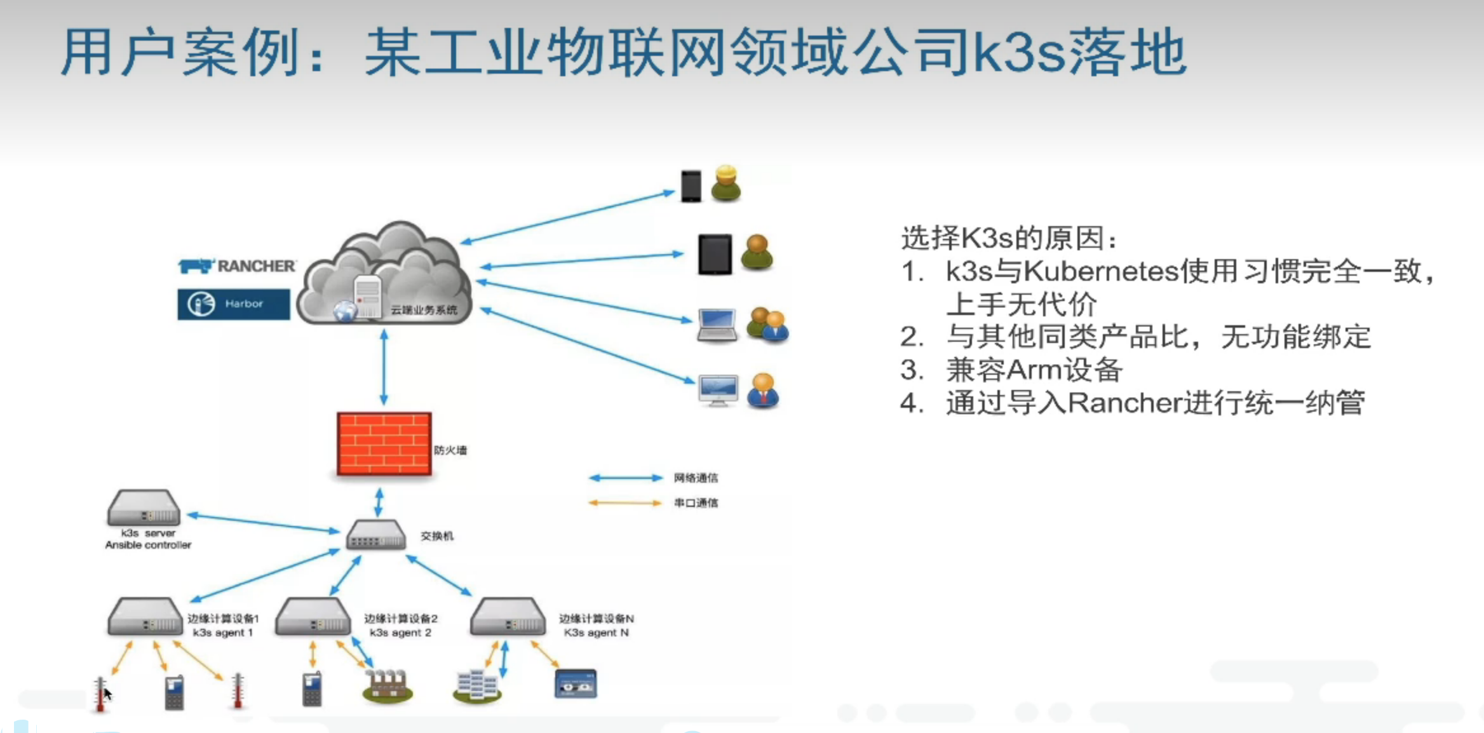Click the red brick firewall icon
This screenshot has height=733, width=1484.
[x=384, y=444]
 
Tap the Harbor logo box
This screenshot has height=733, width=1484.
[x=234, y=304]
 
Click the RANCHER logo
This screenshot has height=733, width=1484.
[x=237, y=266]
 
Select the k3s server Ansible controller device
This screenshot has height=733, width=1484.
[x=144, y=508]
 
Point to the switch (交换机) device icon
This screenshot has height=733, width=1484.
[x=375, y=535]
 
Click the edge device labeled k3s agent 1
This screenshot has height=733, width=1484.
[x=145, y=616]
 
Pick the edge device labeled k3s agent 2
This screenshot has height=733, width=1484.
[x=313, y=616]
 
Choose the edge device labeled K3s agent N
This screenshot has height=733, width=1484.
[x=508, y=616]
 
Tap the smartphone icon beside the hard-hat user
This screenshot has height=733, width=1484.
[x=691, y=186]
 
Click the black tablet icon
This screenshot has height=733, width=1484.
[x=715, y=254]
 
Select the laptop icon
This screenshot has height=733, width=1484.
[x=717, y=325]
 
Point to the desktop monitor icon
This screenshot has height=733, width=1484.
[x=718, y=389]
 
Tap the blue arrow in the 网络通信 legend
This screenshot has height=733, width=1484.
[x=626, y=478]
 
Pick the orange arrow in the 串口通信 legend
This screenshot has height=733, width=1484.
[x=626, y=503]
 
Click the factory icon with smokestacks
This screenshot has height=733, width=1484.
[x=388, y=686]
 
